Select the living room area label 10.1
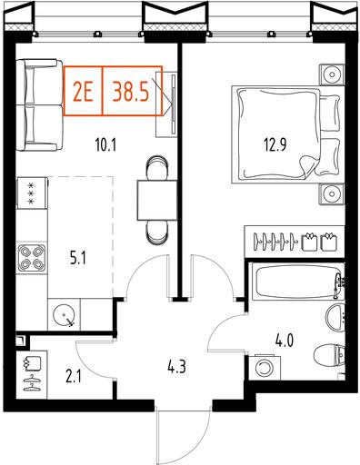105,145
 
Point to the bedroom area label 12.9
275,145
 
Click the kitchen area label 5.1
78,259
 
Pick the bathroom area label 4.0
285,341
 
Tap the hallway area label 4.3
176,367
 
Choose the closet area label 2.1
74,378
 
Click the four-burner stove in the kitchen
32,258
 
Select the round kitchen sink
64,314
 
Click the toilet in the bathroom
330,356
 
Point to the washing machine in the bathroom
265,367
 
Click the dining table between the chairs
157,200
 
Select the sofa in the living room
39,105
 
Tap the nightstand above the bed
332,74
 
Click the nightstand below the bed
332,194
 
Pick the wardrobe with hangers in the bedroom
295,242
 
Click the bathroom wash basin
335,318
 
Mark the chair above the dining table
157,167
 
